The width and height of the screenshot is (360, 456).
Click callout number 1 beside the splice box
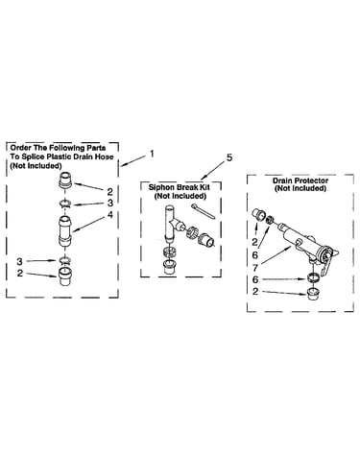pos(152,154)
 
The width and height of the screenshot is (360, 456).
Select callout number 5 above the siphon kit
pos(229,158)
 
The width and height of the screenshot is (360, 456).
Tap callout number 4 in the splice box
pos(110,215)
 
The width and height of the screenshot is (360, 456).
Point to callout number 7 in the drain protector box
pos(255,267)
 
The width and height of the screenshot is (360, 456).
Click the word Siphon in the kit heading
pos(160,187)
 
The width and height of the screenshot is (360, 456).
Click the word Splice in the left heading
pos(32,156)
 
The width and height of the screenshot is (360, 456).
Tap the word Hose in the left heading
pos(105,156)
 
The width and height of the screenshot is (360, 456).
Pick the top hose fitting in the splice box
pos(65,180)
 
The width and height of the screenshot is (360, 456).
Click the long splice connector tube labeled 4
pos(65,231)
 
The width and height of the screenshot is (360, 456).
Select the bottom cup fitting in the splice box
pos(65,276)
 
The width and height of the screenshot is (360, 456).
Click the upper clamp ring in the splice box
pos(65,203)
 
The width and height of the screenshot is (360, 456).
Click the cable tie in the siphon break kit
pos(204,211)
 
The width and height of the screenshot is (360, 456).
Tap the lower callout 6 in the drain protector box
pos(255,279)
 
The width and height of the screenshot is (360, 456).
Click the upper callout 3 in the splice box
pos(110,203)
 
